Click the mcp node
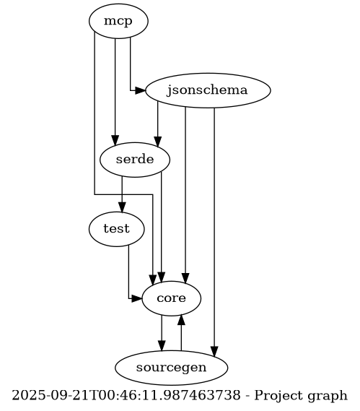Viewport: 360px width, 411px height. tap(118, 21)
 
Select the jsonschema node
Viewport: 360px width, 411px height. tap(208, 90)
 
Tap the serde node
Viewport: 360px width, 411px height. tap(135, 160)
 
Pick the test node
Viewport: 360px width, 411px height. tap(116, 229)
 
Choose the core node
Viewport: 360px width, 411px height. tap(172, 298)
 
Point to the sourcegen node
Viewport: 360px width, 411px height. tap(172, 368)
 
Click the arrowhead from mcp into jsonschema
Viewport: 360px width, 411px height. tap(141, 91)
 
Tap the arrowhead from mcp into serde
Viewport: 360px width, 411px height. tap(115, 141)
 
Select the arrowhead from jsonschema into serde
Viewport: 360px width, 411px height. tap(157, 142)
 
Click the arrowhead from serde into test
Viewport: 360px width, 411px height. tap(122, 207)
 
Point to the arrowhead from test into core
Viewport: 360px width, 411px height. tap(136, 298)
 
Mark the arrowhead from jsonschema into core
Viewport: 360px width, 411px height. tap(185, 278)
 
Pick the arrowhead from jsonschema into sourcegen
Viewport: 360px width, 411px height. tap(214, 352)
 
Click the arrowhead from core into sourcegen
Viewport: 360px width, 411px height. tap(162, 346)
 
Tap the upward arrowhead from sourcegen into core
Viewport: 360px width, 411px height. tap(181, 320)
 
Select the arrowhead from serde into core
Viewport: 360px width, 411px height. tap(162, 277)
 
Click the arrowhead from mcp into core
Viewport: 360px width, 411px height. tap(153, 280)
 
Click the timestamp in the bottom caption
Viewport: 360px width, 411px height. tap(126, 395)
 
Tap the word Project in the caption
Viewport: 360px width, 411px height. tap(278, 396)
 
